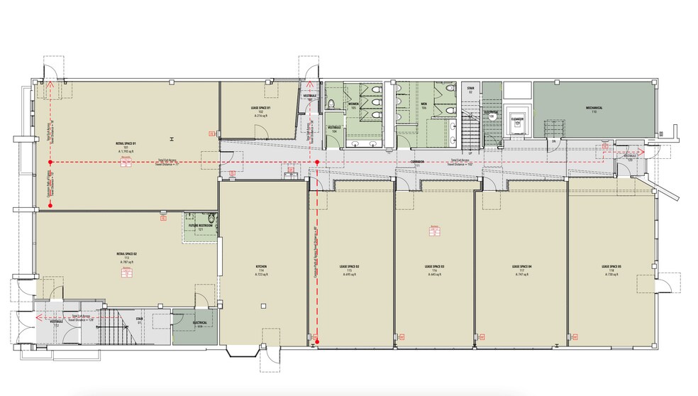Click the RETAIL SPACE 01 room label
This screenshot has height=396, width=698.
tap(125, 143)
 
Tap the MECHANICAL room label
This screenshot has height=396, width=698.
tap(594, 108)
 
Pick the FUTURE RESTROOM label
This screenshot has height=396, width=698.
tap(201, 225)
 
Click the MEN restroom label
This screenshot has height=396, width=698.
tap(423, 104)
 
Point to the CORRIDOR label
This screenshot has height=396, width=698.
tap(417, 162)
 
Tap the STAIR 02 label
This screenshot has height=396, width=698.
tap(470, 89)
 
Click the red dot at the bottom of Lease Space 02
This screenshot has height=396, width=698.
tap(317, 343)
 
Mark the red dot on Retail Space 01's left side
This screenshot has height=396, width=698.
tap(51, 206)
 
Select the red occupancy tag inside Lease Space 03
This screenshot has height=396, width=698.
tap(433, 230)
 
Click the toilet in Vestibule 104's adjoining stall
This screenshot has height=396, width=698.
tap(331, 105)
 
